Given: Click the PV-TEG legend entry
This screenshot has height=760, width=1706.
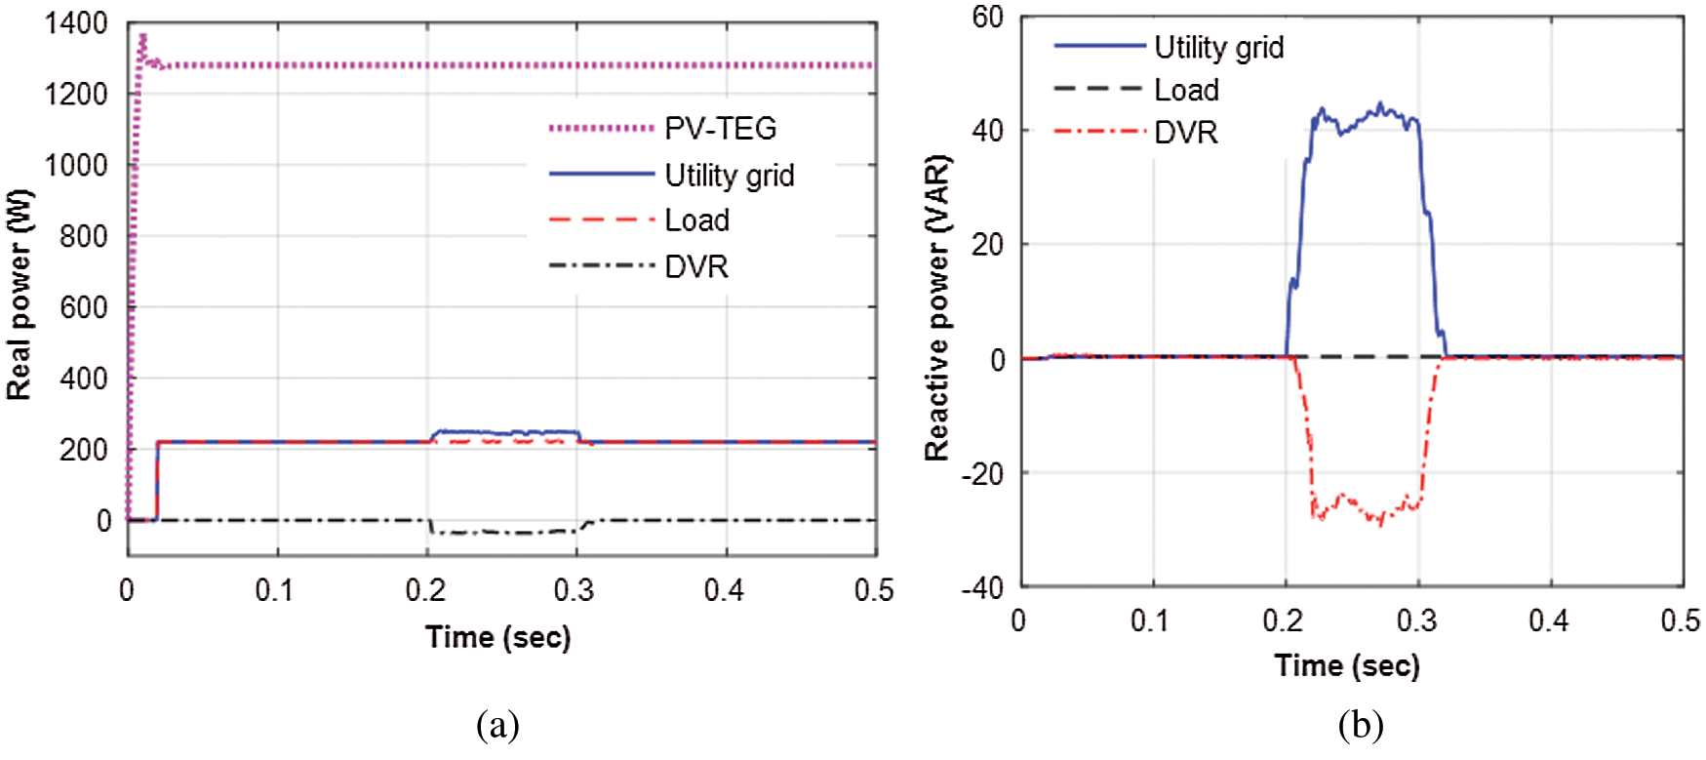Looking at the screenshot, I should click(720, 128).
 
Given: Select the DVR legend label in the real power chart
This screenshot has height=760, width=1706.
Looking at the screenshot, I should click(696, 266).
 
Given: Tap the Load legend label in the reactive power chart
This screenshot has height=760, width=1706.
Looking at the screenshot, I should click(1186, 90).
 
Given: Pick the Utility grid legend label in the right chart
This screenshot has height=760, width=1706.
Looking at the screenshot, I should click(1218, 47).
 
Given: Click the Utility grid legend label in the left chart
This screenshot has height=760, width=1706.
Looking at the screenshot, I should click(729, 176).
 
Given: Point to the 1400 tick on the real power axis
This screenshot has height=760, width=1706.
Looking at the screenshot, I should click(76, 23).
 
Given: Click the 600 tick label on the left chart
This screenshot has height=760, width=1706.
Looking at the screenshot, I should click(84, 307).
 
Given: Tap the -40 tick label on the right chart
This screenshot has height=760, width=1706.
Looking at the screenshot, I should click(983, 587).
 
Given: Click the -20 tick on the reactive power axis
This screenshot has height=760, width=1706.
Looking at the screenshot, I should click(983, 473).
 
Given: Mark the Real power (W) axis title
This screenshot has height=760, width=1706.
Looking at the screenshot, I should click(20, 295).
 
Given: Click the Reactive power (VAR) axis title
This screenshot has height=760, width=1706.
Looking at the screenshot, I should click(937, 307).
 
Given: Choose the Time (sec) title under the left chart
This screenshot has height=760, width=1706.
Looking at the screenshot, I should click(497, 637).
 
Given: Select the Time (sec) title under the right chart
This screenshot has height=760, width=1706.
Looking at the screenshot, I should click(1346, 665).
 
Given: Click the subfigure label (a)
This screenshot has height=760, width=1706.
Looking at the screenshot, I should click(497, 725).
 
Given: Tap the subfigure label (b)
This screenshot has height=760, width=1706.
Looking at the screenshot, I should click(1361, 725).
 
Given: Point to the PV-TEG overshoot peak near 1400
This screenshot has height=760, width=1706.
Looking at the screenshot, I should click(143, 36).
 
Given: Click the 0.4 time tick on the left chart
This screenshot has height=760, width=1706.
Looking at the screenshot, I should click(725, 590).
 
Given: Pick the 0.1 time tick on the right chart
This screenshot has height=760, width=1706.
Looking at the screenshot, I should click(1150, 620).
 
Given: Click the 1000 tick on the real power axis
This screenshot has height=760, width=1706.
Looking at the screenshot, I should click(76, 165).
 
